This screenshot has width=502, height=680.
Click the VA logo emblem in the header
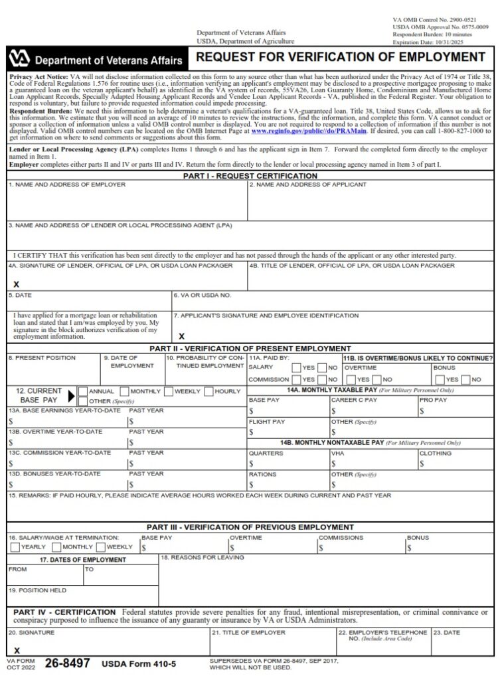[x=20, y=60]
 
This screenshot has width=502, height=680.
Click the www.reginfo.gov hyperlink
[x=292, y=131]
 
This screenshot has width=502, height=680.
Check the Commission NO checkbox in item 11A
[x=321, y=380]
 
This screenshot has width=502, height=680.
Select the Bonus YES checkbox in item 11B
[x=439, y=380]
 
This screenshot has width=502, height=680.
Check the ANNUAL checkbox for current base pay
[x=82, y=391]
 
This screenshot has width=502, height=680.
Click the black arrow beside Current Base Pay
[x=72, y=396]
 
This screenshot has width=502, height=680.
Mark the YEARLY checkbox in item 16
[x=15, y=547]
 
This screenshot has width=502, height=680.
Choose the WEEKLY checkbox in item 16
[x=100, y=547]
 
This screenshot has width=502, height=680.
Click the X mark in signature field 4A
[x=16, y=284]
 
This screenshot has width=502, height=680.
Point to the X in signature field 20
[x=17, y=651]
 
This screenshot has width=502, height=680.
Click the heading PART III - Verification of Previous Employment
[x=250, y=527]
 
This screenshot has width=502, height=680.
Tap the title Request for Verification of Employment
[x=341, y=57]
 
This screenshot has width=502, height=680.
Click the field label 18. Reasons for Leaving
[x=202, y=557]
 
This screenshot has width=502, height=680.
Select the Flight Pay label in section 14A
[x=267, y=422]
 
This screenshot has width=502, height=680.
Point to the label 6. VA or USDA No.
[x=202, y=295]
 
